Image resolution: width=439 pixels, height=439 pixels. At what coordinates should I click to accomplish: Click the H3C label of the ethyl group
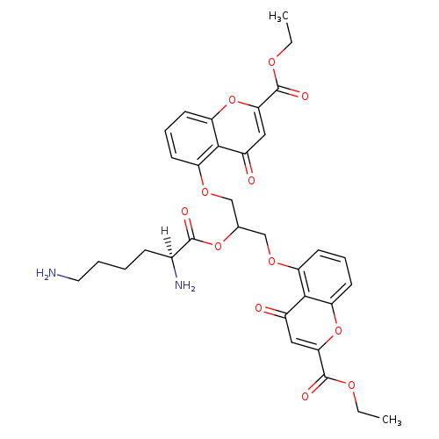pos(278,16)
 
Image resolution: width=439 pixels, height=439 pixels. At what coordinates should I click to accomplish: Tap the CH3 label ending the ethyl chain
pos(392,420)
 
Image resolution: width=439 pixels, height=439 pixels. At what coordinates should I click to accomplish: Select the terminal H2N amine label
pos(46,273)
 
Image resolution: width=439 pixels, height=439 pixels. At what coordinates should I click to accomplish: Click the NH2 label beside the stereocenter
pos(184,285)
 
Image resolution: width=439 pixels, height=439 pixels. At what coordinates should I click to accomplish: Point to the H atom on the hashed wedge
pos(164,231)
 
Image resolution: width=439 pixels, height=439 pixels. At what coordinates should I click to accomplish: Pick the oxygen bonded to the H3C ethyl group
pos(272,62)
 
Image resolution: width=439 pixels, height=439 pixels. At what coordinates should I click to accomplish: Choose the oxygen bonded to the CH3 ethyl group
pos(351,385)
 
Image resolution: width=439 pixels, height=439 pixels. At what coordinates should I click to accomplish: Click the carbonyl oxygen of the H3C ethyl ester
pos(305,96)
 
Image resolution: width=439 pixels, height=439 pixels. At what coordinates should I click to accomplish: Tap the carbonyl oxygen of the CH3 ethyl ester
pos(305,397)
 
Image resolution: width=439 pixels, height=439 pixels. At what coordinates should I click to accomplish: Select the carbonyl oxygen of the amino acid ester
pos(184,212)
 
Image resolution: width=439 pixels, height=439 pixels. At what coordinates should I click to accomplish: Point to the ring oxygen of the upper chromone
pos(232,100)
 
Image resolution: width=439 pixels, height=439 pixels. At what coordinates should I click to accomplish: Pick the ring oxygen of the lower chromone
pos(338,331)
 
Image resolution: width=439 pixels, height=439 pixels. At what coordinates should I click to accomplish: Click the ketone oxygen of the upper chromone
pos(251,180)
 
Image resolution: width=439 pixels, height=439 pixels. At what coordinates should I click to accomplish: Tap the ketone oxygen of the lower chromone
pos(258,308)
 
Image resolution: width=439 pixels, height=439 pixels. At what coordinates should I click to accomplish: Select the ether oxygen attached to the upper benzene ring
pos(205,192)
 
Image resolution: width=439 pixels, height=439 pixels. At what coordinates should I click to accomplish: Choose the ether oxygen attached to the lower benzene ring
pos(272,261)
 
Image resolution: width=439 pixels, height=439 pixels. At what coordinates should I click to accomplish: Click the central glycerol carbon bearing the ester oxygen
pos(238,227)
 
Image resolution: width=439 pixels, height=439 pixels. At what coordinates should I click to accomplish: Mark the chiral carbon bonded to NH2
pos(171,257)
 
